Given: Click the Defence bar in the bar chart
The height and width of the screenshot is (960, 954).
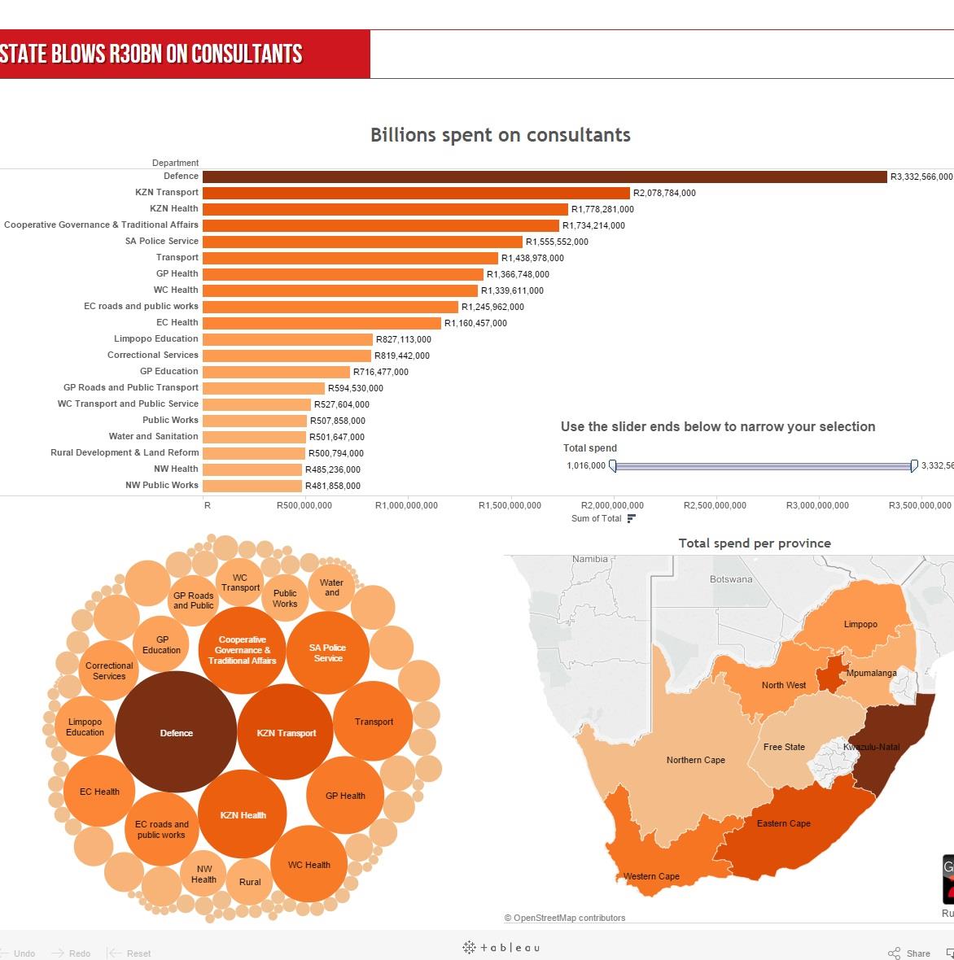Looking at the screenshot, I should click(544, 177).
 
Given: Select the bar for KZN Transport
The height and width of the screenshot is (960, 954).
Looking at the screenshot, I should click(416, 193).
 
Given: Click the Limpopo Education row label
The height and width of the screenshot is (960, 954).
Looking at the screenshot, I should click(156, 339).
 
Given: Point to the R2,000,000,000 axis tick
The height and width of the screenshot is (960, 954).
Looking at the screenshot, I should click(613, 505).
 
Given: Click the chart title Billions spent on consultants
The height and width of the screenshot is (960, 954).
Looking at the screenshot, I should click(500, 135).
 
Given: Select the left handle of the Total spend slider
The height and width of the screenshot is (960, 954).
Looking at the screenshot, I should click(613, 466).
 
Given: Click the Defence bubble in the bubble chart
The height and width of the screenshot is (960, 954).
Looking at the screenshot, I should click(176, 732).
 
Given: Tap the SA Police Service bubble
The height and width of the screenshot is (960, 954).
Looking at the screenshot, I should click(328, 653).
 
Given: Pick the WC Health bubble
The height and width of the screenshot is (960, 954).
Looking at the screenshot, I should click(309, 865).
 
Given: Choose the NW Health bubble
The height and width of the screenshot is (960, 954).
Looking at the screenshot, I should click(203, 874).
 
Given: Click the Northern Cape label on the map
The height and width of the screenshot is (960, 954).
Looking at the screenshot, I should click(695, 760).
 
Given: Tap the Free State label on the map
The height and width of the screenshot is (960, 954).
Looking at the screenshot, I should click(784, 747).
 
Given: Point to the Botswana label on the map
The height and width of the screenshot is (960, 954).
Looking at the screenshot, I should click(731, 579).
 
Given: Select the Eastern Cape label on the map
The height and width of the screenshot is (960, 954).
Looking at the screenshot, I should click(783, 823).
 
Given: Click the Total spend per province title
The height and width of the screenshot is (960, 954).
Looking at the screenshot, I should click(755, 543).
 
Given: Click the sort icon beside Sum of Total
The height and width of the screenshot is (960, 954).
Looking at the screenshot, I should click(631, 518).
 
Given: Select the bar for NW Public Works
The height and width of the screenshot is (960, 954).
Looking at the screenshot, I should click(252, 486).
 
